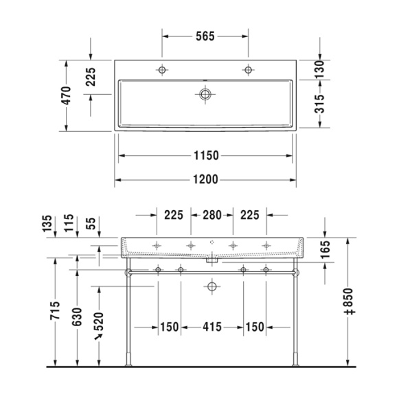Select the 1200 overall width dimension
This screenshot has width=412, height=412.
pos(205,179)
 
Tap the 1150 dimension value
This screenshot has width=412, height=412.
pos(205,155)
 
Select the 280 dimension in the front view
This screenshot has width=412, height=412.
pos(211,216)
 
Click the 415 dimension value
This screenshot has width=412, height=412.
pos(211,327)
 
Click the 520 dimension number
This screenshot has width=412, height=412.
pos(100,322)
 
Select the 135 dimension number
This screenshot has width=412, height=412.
pos(47,225)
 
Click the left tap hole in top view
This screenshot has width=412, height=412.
pos(162,69)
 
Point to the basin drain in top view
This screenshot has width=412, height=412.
pos(205,94)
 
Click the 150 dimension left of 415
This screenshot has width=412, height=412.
pos(169,327)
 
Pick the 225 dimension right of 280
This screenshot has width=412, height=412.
pos(249,216)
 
